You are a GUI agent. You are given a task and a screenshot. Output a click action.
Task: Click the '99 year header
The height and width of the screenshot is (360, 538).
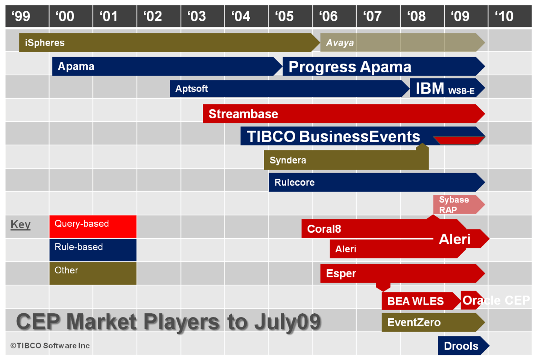tap(21, 16)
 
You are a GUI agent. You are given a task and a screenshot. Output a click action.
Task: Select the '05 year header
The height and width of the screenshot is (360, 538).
tap(284, 16)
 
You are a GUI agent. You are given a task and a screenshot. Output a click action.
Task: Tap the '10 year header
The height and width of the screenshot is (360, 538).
tap(504, 16)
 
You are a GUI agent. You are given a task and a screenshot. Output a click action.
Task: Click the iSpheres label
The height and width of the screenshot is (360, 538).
tap(45, 43)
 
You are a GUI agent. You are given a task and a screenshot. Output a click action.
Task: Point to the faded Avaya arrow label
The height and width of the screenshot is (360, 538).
tap(340, 43)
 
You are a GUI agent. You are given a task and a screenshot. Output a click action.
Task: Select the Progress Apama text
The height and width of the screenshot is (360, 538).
tap(350, 67)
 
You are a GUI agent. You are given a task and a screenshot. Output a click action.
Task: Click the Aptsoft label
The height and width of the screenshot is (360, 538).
tap(191, 88)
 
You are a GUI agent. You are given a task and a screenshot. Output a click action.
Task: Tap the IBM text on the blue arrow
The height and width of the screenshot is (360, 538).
tap(430, 88)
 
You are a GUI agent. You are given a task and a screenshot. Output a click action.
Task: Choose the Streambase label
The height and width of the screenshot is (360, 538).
tap(243, 114)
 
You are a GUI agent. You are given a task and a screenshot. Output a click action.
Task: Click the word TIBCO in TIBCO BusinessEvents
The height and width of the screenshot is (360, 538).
tap(271, 136)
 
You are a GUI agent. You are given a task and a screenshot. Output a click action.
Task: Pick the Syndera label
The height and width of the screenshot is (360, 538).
tap(288, 160)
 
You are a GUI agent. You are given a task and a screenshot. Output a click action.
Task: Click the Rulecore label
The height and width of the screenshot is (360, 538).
tap(295, 182)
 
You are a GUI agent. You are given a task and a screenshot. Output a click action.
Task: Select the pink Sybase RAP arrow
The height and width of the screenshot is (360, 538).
tap(459, 204)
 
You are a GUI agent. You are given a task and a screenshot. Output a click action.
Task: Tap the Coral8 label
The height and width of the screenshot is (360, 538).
tap(324, 229)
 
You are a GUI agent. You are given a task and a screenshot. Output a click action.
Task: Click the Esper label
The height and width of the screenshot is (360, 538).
tap(341, 273)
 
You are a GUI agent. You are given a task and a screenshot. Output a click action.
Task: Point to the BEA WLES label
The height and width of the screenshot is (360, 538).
tap(415, 301)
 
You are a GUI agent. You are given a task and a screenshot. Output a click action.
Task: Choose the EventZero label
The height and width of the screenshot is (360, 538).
tap(414, 322)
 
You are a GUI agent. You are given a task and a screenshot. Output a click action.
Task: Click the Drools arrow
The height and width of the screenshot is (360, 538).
tap(464, 346)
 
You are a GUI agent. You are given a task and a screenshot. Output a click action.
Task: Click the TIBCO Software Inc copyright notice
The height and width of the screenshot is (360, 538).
tap(50, 346)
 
